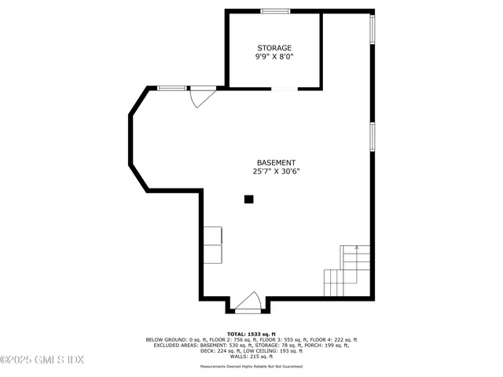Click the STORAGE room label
pyautogui.click(x=274, y=48)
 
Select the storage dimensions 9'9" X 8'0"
pyautogui.click(x=274, y=57)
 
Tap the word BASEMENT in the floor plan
pyautogui.click(x=276, y=163)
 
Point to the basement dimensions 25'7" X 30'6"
pyautogui.click(x=276, y=171)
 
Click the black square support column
pyautogui.click(x=248, y=199)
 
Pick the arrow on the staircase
pyautogui.click(x=357, y=248)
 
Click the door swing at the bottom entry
pyautogui.click(x=249, y=302)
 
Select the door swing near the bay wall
pyautogui.click(x=201, y=98)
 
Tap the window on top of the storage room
pyautogui.click(x=274, y=11)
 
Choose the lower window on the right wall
pyautogui.click(x=373, y=135)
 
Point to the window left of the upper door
pyautogui.click(x=171, y=88)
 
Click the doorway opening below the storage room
pyautogui.click(x=285, y=89)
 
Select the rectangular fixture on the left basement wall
pyautogui.click(x=213, y=244)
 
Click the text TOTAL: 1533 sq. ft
pyautogui.click(x=251, y=334)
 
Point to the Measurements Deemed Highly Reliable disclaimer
pyautogui.click(x=251, y=366)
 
